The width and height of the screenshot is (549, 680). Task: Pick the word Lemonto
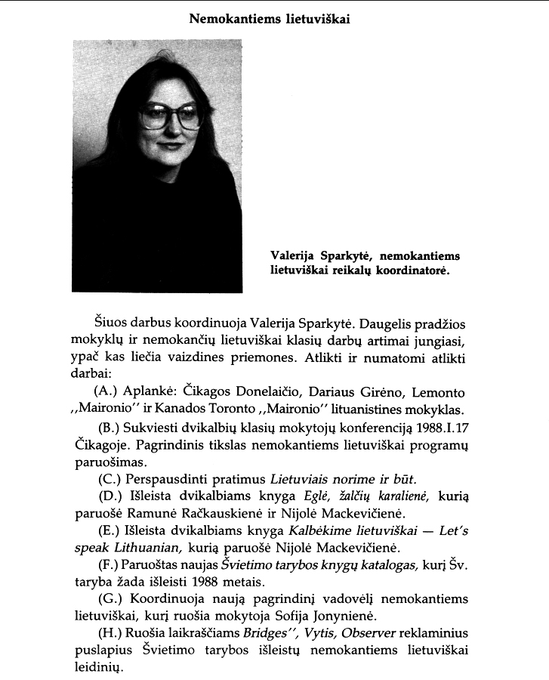pos(438,393)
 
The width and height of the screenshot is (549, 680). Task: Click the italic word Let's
pos(452,532)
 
